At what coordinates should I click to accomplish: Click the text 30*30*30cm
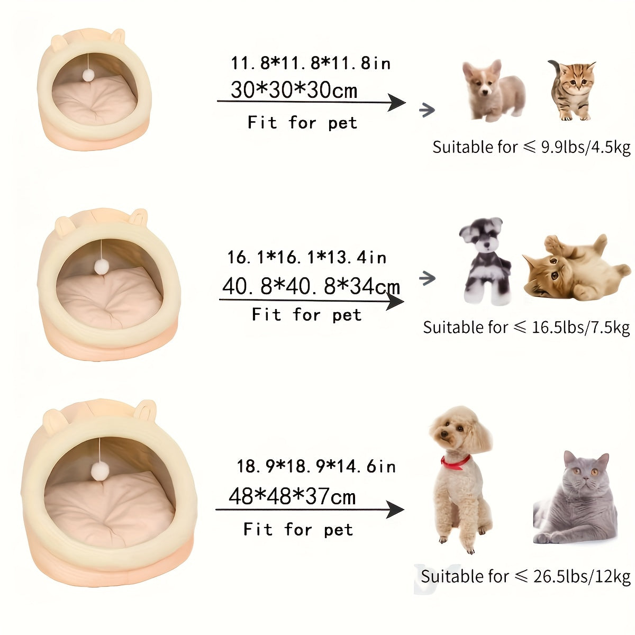pos(294,90)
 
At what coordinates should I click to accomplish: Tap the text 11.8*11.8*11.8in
pos(311,63)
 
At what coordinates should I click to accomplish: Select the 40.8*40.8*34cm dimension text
pos(311,286)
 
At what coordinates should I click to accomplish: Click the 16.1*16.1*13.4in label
pos(307,258)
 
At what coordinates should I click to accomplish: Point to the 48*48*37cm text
pos(292,497)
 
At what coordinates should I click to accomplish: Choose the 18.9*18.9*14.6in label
pos(316,466)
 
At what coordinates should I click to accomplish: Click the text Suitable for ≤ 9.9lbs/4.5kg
pos(531,147)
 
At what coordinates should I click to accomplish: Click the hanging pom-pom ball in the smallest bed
pos(87,76)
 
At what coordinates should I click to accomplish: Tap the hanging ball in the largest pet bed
pos(99,469)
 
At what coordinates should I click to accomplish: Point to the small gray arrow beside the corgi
pos(427,110)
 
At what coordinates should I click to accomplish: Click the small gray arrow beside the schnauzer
pos(427,278)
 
